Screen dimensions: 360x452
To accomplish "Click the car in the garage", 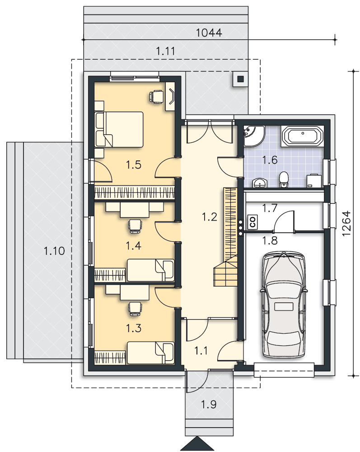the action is (x=284, y=304).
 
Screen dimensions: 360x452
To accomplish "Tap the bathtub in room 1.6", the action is (x=302, y=135).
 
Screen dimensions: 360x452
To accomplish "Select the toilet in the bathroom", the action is (x=284, y=180).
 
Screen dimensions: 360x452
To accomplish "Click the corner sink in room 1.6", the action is (x=253, y=136).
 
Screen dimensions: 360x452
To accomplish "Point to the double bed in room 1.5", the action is (x=119, y=129).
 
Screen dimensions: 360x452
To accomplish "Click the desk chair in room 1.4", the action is (x=135, y=226).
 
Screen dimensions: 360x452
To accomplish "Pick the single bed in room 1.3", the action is (x=150, y=353).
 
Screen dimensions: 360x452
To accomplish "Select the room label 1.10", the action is (x=54, y=251).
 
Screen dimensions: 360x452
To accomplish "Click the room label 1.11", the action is (x=166, y=52).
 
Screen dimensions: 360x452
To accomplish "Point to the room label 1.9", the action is (x=209, y=405).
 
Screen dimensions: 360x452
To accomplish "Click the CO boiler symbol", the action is (x=252, y=222).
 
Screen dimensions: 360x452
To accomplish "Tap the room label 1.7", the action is (x=270, y=208).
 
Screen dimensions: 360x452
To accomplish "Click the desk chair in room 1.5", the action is (x=157, y=96).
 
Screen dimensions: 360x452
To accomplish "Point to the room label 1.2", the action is (x=210, y=216).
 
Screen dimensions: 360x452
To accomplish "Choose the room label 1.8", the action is (x=270, y=240).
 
